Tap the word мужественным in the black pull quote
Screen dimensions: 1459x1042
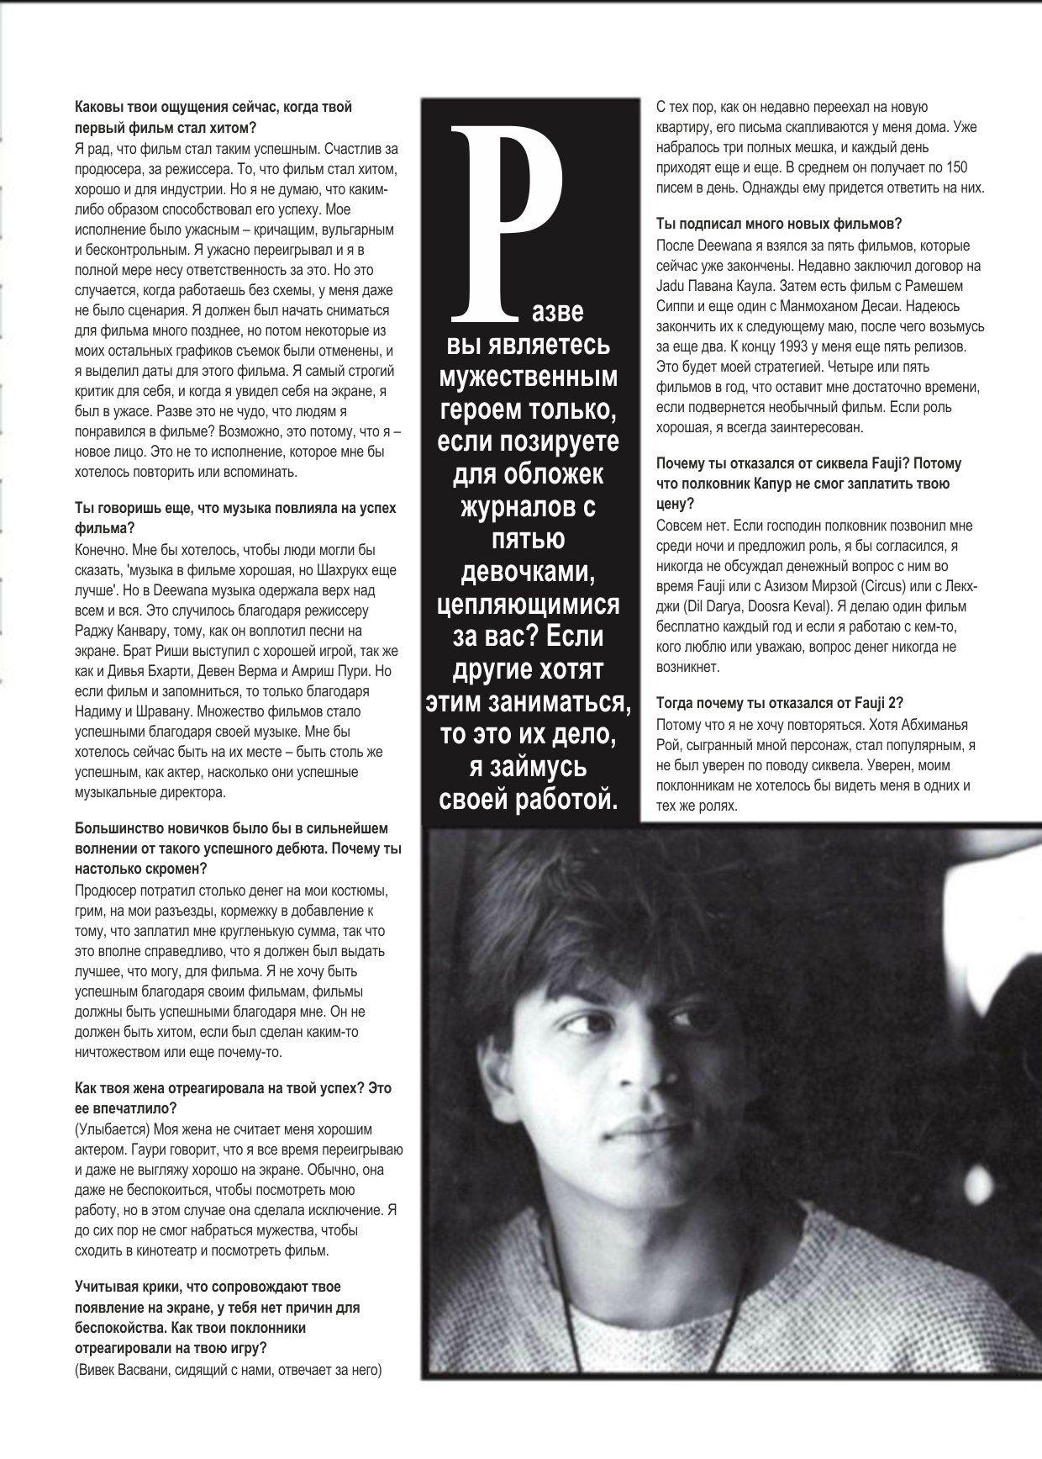528,377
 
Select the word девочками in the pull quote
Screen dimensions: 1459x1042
529,571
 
